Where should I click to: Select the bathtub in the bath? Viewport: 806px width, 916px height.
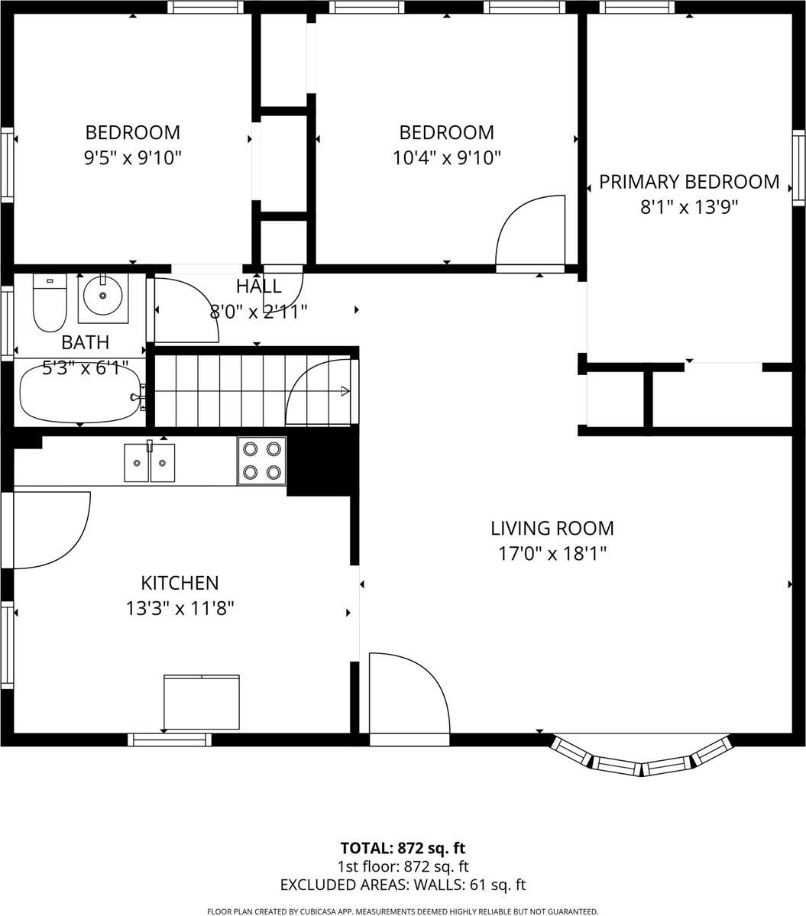click(79, 393)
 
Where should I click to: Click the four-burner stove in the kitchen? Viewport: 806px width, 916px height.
click(261, 461)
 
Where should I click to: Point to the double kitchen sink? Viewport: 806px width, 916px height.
click(150, 463)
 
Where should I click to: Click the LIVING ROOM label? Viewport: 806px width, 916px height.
click(552, 528)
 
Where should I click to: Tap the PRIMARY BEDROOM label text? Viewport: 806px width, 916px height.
click(688, 182)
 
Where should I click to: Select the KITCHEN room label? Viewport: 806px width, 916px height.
click(180, 583)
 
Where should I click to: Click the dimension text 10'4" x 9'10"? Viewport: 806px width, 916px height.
click(446, 158)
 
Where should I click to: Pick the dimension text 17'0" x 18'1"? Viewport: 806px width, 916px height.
click(552, 553)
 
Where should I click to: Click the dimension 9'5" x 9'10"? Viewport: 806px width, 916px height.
click(133, 158)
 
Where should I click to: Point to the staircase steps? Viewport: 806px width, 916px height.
click(222, 391)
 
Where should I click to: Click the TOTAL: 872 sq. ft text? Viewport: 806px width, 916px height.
click(403, 848)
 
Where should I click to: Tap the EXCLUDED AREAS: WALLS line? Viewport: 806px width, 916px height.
click(403, 885)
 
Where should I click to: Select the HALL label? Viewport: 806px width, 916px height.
click(258, 287)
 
